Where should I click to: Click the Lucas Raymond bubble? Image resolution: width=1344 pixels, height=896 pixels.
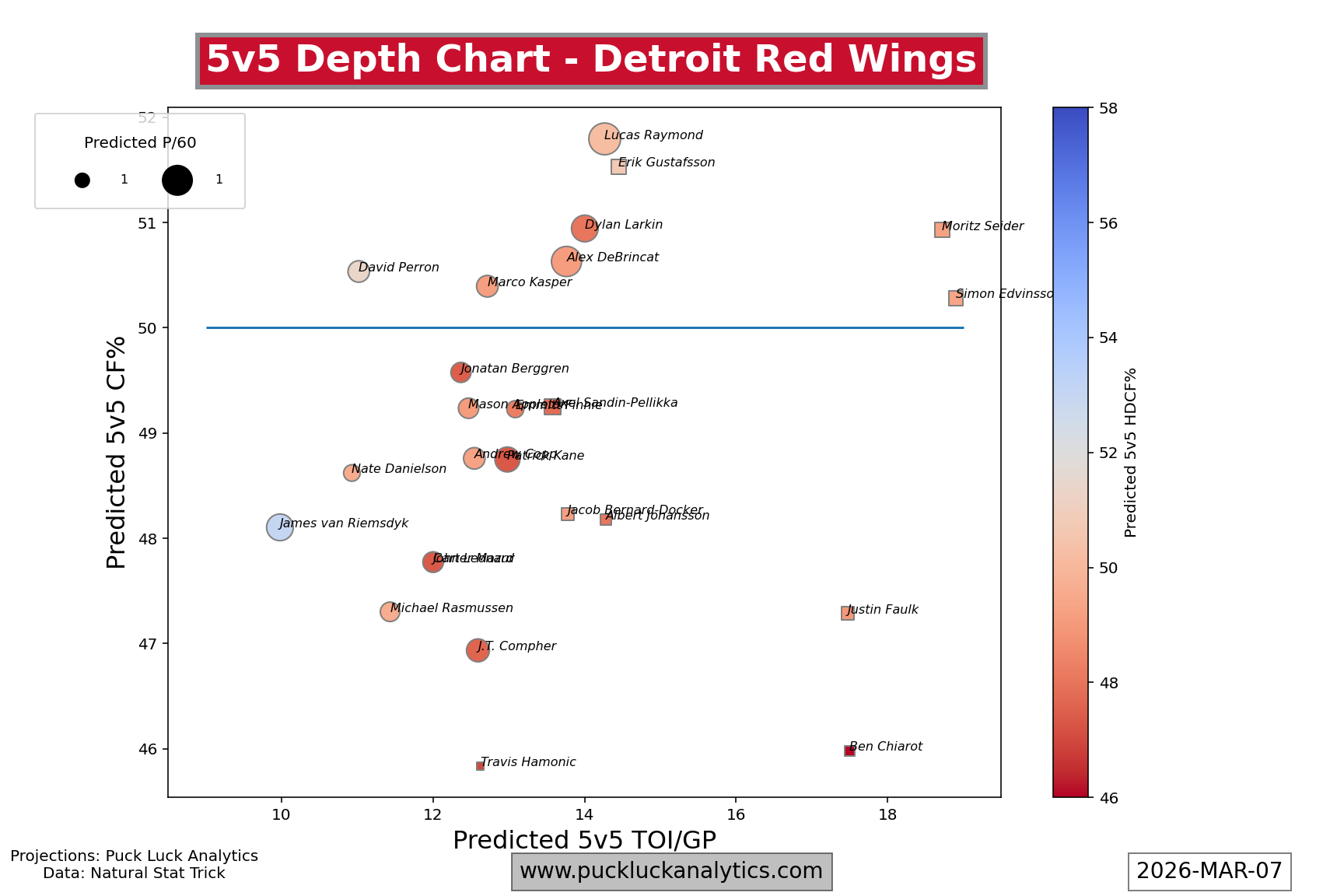point(604,139)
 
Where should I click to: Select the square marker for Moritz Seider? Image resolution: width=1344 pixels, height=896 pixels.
point(942,229)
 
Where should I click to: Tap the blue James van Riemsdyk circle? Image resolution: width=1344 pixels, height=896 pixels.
point(280,527)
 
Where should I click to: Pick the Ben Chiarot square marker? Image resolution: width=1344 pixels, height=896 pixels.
point(849,751)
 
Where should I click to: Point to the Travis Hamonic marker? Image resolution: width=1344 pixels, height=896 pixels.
point(480,766)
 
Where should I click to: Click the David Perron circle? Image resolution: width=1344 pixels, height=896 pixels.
point(358,271)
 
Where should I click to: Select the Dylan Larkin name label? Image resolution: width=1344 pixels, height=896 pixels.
point(624,225)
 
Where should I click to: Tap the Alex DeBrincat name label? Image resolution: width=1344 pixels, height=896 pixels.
point(613,257)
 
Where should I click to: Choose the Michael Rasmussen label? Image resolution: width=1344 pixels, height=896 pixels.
point(452,608)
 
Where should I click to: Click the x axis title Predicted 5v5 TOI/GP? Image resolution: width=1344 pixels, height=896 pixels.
point(584,841)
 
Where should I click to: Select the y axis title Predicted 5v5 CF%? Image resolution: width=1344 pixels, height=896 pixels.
point(117,452)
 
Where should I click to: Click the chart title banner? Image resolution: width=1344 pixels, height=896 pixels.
point(591,61)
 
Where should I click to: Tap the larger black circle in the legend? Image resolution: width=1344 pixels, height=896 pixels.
point(177,180)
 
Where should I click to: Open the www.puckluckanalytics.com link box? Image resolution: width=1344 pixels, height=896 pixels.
point(671,871)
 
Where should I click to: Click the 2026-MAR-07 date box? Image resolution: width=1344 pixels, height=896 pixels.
point(1209,871)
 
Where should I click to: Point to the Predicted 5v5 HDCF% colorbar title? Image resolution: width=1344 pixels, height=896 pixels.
point(1131,452)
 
